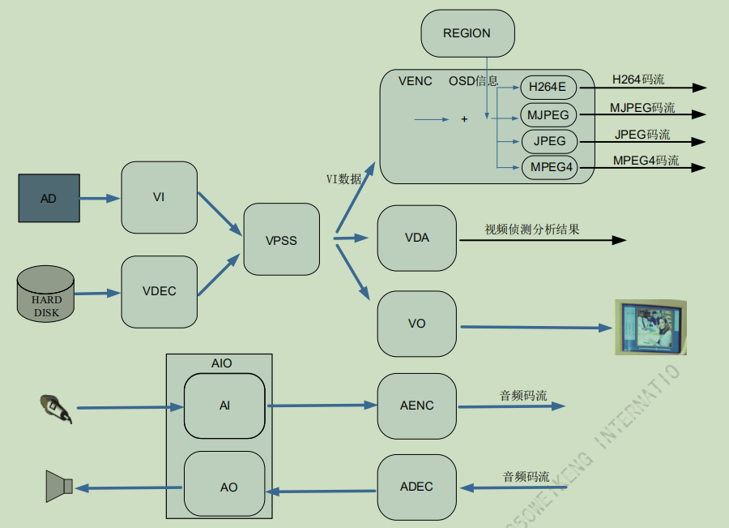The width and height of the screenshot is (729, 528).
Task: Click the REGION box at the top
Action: (x=467, y=33)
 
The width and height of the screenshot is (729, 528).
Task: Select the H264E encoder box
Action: (x=548, y=88)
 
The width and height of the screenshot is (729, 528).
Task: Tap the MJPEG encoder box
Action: (x=548, y=114)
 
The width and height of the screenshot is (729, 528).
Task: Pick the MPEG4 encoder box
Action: (x=548, y=168)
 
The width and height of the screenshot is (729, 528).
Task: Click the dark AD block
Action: (x=49, y=197)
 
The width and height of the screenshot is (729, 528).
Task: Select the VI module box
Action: (x=159, y=197)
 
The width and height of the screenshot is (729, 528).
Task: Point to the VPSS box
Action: (x=281, y=240)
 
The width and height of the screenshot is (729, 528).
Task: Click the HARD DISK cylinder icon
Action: (x=46, y=297)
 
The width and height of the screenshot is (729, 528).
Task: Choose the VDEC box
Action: (x=159, y=291)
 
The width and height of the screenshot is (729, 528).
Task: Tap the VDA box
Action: (x=416, y=238)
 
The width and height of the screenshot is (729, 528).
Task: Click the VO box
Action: (x=416, y=324)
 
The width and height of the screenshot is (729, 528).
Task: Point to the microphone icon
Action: (x=56, y=408)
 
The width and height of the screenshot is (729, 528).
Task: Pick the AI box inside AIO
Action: (x=224, y=406)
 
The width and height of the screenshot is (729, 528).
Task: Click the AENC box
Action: (x=416, y=406)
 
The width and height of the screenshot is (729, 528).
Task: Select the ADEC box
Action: (x=416, y=487)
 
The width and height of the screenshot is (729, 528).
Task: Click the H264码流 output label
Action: (x=637, y=79)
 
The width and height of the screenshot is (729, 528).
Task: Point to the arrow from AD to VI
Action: (x=100, y=197)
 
